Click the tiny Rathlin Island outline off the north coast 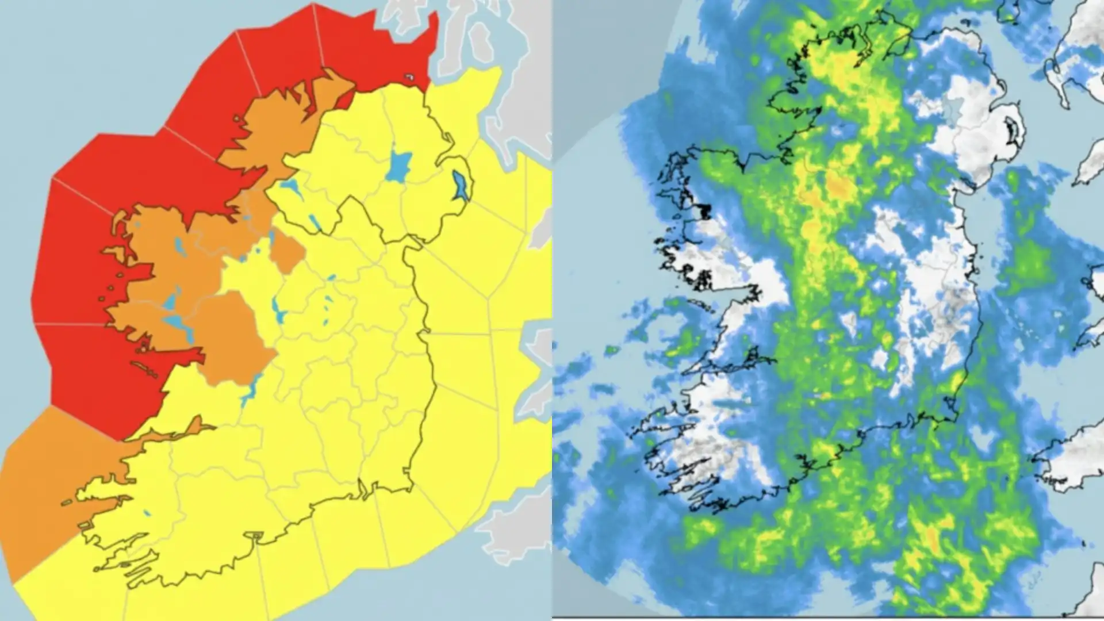409,76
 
